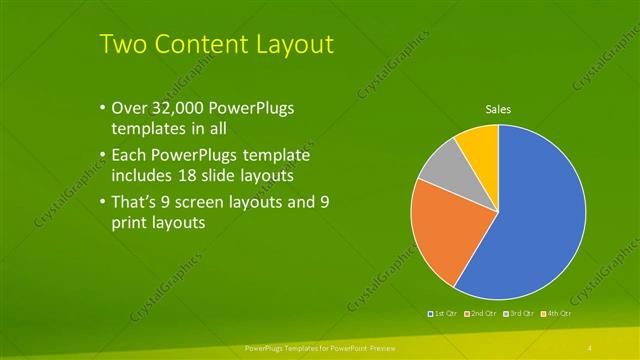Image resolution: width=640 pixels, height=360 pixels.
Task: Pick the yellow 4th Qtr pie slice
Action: pos(478,145)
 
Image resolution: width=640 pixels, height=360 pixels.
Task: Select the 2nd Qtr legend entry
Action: pos(481,314)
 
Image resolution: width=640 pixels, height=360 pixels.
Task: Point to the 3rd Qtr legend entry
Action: pos(519,314)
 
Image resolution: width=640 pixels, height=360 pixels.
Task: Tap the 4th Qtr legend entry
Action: pos(557,314)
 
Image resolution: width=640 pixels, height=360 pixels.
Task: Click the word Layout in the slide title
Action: pos(290,44)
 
